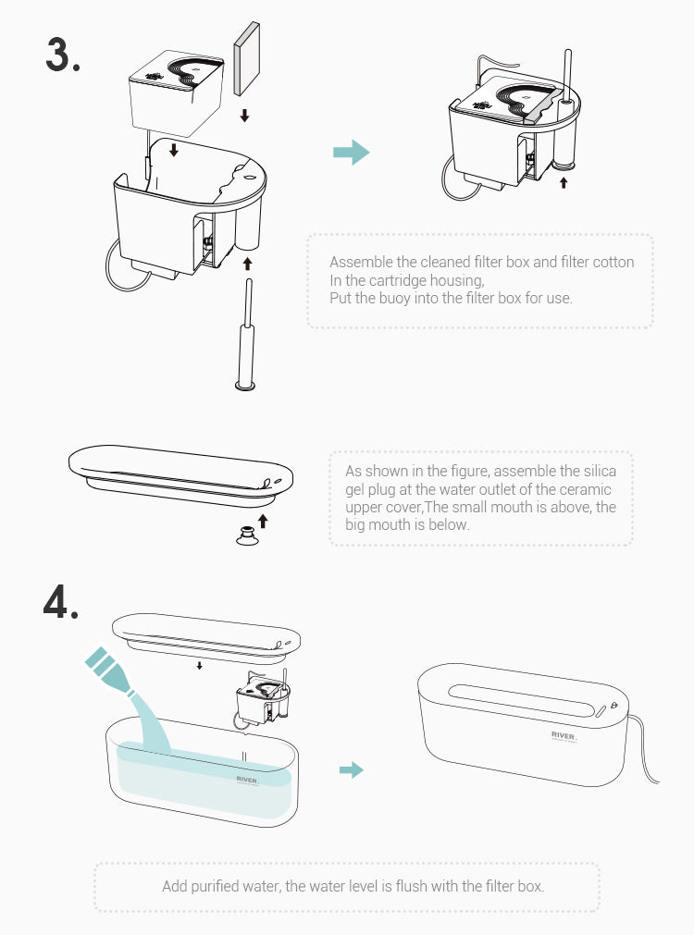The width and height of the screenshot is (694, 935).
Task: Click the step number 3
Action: [x=63, y=54]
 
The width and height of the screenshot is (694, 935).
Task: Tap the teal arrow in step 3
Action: [x=352, y=152]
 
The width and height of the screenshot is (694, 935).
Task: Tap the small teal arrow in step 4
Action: [x=352, y=769]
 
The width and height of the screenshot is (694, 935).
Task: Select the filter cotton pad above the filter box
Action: [x=246, y=58]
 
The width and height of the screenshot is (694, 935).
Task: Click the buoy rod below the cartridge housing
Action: [x=246, y=334]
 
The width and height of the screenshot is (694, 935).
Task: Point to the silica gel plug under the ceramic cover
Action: [x=247, y=535]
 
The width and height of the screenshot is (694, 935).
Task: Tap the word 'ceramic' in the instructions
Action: [x=585, y=489]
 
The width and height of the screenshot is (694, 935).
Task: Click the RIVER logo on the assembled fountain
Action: [x=564, y=736]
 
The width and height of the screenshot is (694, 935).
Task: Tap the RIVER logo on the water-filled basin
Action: [x=248, y=781]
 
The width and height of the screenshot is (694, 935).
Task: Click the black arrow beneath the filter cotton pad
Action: [x=244, y=115]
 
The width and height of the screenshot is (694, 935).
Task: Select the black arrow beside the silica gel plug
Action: [x=263, y=522]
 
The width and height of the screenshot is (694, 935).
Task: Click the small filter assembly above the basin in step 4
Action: [x=263, y=697]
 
